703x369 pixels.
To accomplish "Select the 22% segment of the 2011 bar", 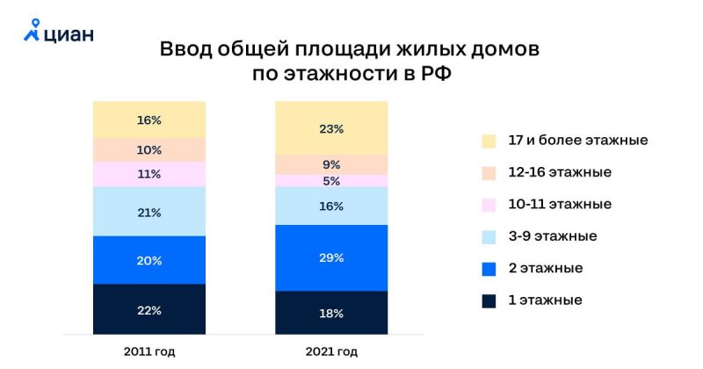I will pyautogui.click(x=149, y=308).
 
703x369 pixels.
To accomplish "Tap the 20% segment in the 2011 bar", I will pyautogui.click(x=149, y=260).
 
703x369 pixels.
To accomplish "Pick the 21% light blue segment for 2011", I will pyautogui.click(x=149, y=212).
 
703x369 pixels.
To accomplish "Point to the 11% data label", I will pyautogui.click(x=149, y=174).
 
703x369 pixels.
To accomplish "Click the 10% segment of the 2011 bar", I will pyautogui.click(x=149, y=149).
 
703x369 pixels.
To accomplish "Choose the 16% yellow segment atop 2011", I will pyautogui.click(x=149, y=119).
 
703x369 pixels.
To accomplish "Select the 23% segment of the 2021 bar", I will pyautogui.click(x=331, y=128).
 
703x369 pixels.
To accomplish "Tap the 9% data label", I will pyautogui.click(x=331, y=164).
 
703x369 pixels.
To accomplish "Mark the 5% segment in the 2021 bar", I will pyautogui.click(x=331, y=181).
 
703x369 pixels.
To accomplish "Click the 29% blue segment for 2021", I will pyautogui.click(x=331, y=258).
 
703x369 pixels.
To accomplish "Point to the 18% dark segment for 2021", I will pyautogui.click(x=331, y=313).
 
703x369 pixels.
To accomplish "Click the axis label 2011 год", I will pyautogui.click(x=149, y=352).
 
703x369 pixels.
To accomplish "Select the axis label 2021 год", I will pyautogui.click(x=331, y=352).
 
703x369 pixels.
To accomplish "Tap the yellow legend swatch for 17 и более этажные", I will pyautogui.click(x=488, y=141).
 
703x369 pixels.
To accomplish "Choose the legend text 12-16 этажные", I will pyautogui.click(x=559, y=172).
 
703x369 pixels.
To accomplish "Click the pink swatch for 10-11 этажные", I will pyautogui.click(x=488, y=205).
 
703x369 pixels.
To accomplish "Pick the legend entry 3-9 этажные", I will pyautogui.click(x=552, y=236).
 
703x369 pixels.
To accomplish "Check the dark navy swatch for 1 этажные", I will pyautogui.click(x=488, y=300).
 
